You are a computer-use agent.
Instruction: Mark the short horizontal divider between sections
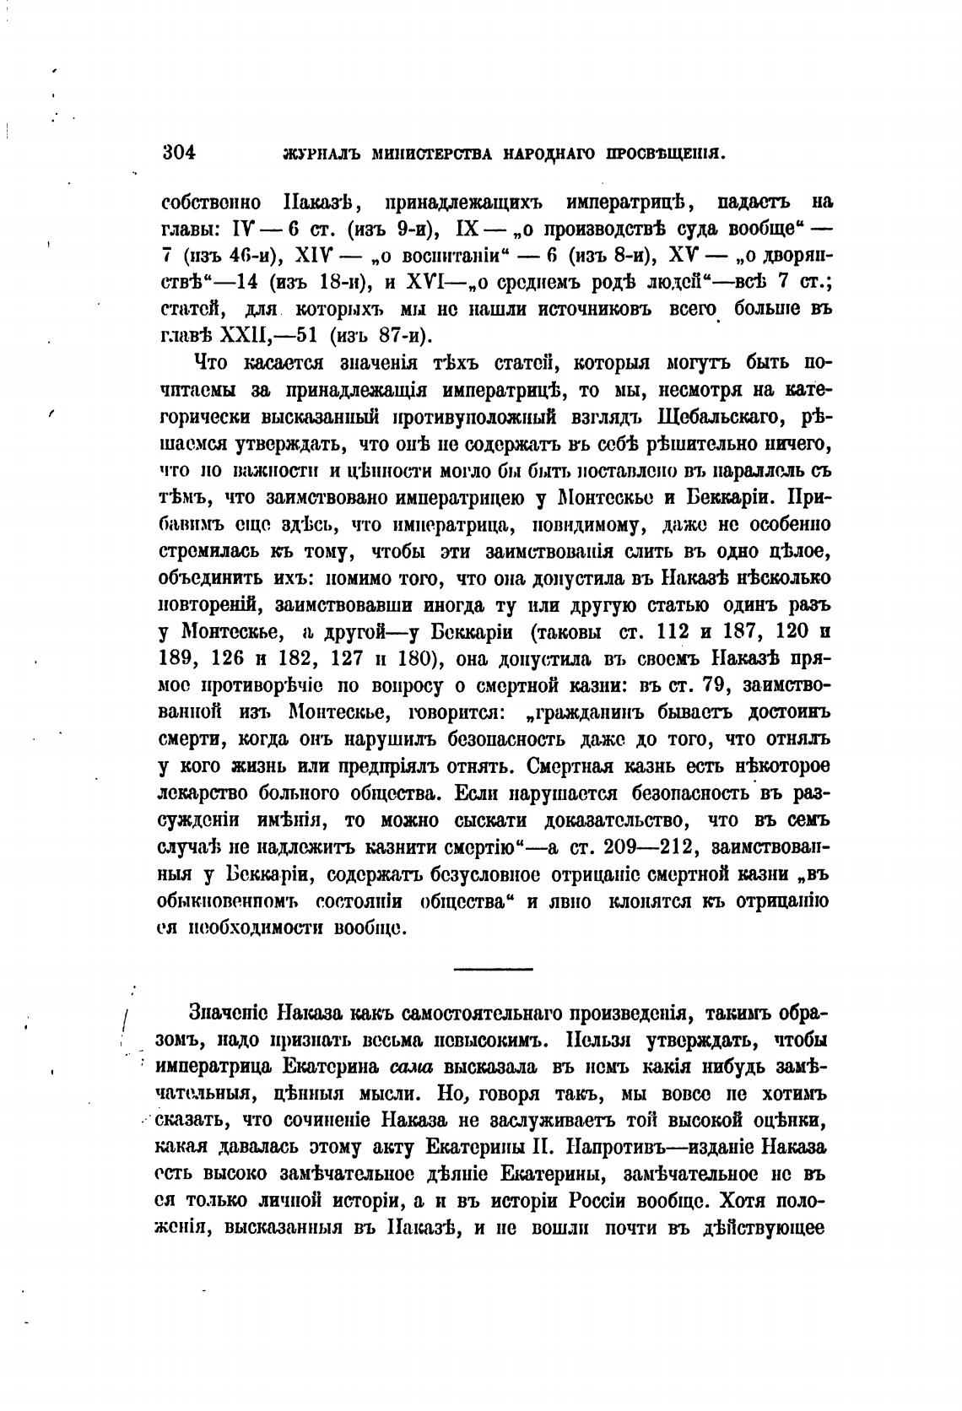pos(493,968)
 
